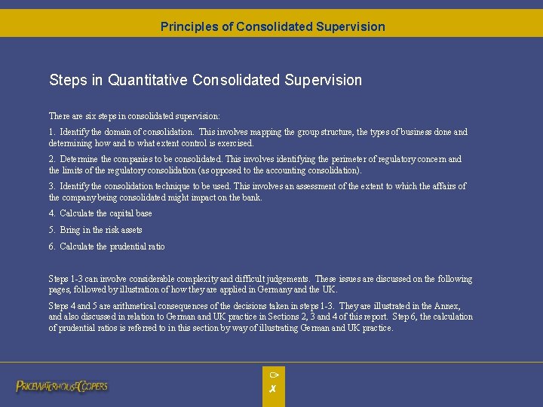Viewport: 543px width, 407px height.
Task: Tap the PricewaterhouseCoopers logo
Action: coord(62,386)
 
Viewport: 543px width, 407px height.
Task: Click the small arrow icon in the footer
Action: coord(274,375)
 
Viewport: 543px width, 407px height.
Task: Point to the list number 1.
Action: coord(51,132)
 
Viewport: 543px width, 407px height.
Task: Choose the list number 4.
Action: coord(51,213)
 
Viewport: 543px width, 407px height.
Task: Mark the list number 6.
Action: coord(51,246)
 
